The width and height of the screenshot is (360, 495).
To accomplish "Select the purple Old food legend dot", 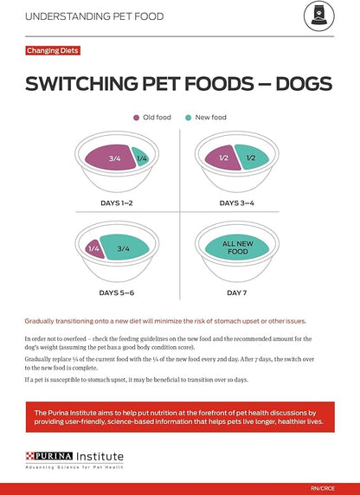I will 136,118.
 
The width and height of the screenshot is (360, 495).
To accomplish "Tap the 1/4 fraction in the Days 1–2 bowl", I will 142,158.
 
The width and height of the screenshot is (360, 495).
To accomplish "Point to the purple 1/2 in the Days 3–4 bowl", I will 222,157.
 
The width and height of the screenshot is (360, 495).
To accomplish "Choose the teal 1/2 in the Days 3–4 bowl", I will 252,157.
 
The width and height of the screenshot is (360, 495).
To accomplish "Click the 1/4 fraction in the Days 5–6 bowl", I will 94,248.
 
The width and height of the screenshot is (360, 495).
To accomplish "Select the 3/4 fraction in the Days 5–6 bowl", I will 123,248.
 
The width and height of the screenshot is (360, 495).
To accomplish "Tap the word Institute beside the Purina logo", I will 99,455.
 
